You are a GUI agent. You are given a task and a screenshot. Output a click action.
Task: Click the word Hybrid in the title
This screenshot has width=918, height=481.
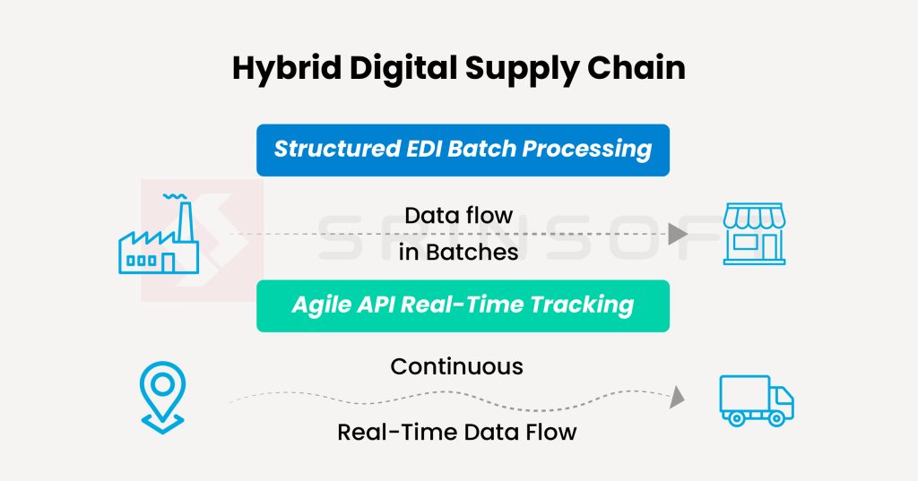[x=286, y=69]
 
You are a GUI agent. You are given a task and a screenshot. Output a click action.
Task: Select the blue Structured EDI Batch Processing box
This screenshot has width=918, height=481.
[x=463, y=150]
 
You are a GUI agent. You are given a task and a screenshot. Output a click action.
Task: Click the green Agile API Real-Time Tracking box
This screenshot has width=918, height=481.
[x=463, y=305]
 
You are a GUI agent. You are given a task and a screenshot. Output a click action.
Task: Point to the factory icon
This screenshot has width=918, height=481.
[x=159, y=234]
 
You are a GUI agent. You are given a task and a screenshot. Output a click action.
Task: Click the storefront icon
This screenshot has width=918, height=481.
[x=754, y=234]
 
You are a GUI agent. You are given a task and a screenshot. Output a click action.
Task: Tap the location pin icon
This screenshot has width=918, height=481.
[x=162, y=398]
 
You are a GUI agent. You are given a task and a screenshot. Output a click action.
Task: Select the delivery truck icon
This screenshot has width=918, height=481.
[x=757, y=401]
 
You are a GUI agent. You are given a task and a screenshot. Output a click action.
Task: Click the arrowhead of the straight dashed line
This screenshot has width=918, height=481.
[x=678, y=234]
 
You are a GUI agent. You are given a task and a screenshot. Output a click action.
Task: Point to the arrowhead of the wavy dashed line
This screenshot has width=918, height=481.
[x=678, y=397]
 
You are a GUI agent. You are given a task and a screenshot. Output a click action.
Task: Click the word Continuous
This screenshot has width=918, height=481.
[x=456, y=367]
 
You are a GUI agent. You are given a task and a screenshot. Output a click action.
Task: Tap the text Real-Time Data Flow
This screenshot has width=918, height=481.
[x=456, y=433]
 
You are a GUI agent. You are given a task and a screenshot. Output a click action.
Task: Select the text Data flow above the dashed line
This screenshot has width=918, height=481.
[x=458, y=215]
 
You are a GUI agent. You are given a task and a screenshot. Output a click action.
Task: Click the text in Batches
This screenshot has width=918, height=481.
[x=458, y=253]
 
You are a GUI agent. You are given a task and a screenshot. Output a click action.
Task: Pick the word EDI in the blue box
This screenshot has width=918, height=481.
[x=424, y=149]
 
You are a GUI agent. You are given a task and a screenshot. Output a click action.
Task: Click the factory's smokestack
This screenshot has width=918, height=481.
[x=186, y=221]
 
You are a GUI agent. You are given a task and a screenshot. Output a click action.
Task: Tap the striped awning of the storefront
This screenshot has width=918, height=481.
[x=754, y=216]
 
